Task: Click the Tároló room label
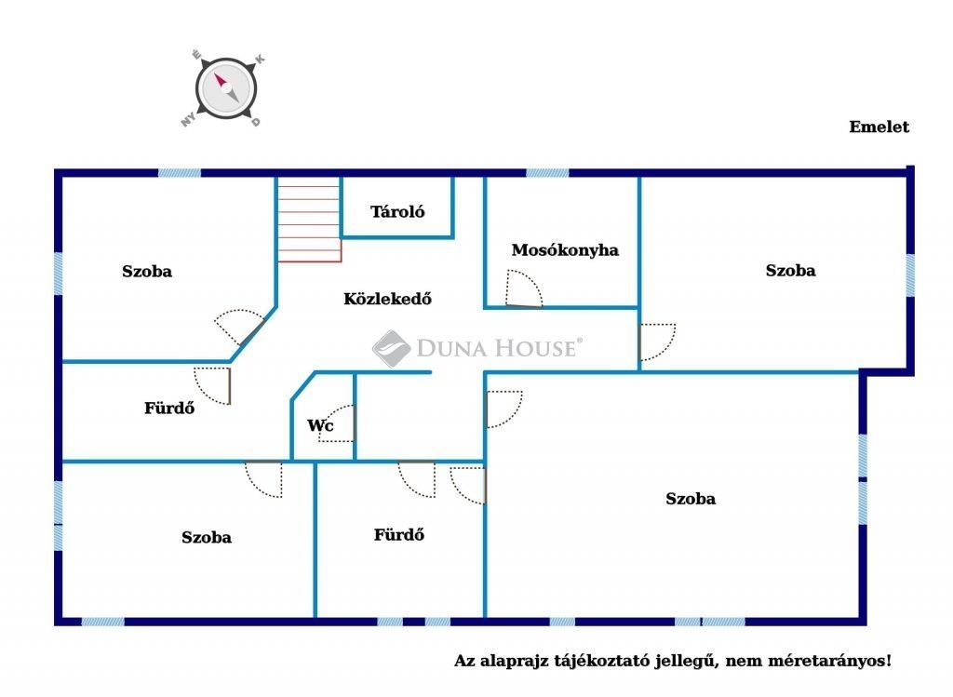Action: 397,211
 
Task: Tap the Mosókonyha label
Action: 565,249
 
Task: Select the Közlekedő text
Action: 388,299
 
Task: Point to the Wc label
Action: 320,425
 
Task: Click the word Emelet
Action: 879,127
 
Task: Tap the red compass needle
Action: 220,81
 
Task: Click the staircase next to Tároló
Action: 309,220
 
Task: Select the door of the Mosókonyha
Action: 523,288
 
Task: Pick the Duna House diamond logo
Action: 392,348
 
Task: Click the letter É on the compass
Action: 196,55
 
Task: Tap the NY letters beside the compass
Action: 188,118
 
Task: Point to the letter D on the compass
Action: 256,122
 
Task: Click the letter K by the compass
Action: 260,59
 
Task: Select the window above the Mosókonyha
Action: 547,173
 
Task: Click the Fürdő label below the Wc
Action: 398,535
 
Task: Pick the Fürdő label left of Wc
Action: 169,408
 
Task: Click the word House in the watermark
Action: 535,348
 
